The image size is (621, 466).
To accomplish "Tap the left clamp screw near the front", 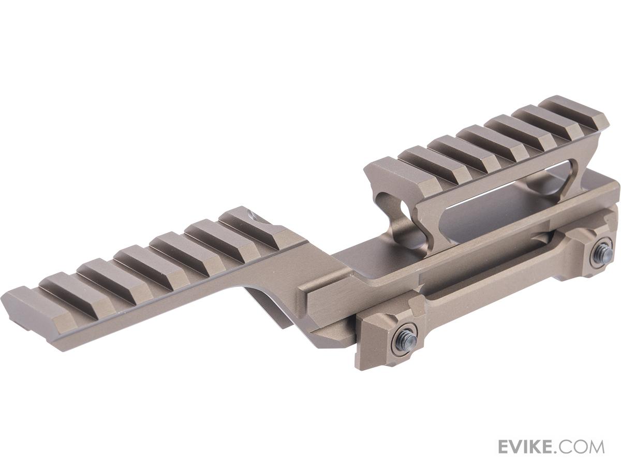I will point(405,339).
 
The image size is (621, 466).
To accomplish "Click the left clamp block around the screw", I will point(393,337).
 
